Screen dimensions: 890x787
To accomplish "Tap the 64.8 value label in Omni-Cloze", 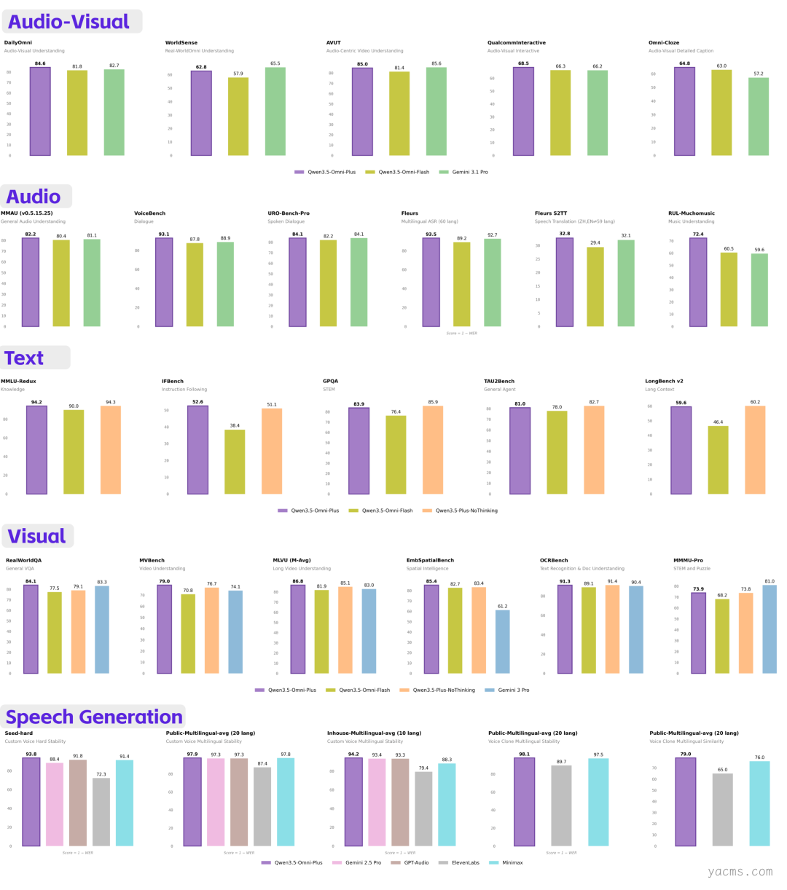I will coord(684,63).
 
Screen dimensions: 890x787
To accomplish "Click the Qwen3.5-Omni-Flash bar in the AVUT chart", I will coord(399,114).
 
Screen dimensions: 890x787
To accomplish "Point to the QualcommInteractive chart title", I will coord(516,43).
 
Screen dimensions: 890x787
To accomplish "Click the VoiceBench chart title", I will coord(149,213).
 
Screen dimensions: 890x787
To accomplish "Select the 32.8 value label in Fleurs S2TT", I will coord(564,234).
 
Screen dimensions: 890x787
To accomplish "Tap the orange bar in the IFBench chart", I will coord(272,452).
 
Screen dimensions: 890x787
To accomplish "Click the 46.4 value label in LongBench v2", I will coord(718,422).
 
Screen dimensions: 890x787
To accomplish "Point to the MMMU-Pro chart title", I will coord(688,561).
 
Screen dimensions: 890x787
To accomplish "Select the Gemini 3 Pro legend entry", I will coord(513,690).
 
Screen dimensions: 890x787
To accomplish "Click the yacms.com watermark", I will coord(740,872).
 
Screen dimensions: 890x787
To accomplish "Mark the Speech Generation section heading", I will coord(94,717).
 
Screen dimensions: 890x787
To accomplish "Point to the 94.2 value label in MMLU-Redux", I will coord(36,402).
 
